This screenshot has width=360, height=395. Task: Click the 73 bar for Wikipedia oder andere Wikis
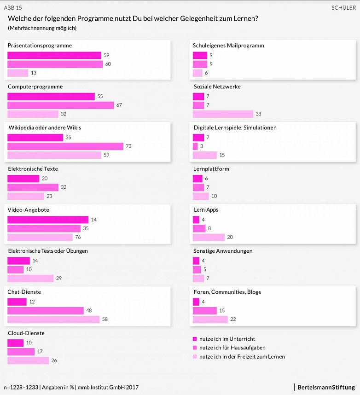[x=65, y=146]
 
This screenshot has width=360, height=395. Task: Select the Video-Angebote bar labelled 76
[x=40, y=238]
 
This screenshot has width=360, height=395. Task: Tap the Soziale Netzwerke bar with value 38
[x=223, y=114]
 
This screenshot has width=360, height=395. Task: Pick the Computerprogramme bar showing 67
[x=60, y=105]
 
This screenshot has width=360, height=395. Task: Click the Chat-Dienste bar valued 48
[x=46, y=311]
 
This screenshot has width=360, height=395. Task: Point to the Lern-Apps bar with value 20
[x=209, y=238]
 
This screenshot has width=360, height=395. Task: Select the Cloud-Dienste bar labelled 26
[x=28, y=360]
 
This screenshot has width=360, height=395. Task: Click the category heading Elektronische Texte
[x=33, y=169]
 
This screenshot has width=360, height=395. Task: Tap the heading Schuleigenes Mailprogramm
[x=228, y=46]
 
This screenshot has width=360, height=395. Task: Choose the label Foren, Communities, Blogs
[x=227, y=292]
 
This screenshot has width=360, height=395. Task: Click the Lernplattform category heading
[x=211, y=169]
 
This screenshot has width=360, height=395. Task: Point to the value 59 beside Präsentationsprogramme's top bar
[x=106, y=55]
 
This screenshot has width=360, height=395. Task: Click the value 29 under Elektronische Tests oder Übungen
[x=58, y=279]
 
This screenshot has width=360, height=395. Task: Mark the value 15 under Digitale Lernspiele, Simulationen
[x=222, y=155]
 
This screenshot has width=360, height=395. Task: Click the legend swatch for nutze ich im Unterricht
[x=195, y=339]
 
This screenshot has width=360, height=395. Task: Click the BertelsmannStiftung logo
[x=326, y=387]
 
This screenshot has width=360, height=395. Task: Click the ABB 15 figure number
[x=13, y=8]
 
